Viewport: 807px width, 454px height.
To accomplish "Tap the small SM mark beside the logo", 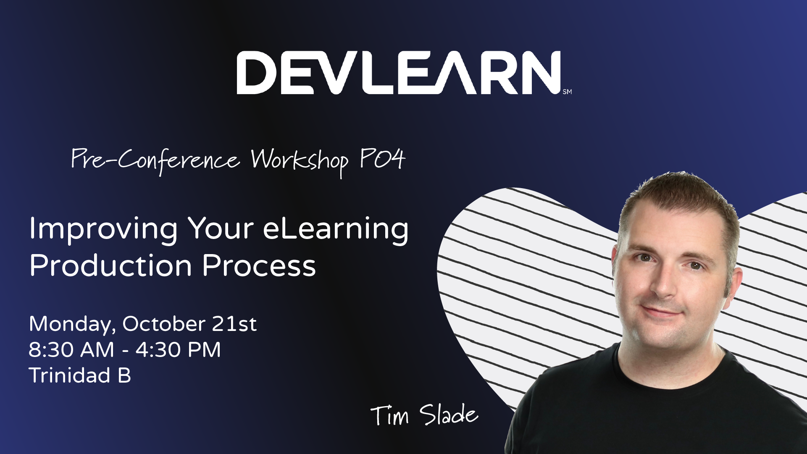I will point(567,92).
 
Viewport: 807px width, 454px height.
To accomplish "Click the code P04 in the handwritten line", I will point(382,159).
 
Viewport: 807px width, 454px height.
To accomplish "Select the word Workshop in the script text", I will point(300,161).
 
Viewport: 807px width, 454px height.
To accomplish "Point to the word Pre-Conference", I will point(155,160).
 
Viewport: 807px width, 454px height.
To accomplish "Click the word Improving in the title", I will point(103,229).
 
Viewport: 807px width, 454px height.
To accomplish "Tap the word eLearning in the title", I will point(336,229).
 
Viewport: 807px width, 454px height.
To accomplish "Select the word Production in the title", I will point(110,265).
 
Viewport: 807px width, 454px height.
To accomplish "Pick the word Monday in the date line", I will point(72,324).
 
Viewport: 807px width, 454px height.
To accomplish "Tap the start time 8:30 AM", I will point(71,349).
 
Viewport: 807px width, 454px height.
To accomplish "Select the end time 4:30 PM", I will point(178,349).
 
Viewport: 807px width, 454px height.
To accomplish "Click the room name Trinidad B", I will point(80,375).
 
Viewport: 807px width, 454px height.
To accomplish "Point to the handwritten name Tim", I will point(389,415).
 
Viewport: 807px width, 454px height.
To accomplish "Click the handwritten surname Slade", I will point(449,415).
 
